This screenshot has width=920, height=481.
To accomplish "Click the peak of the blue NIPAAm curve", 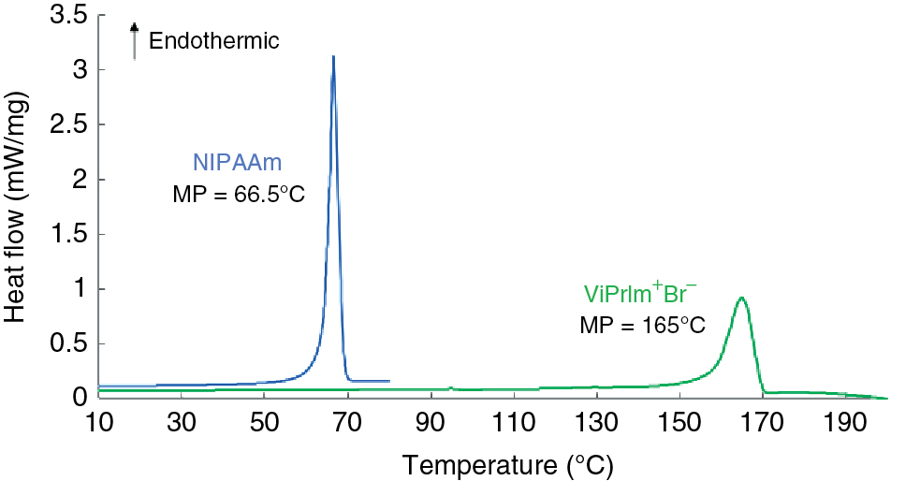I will coord(333,57).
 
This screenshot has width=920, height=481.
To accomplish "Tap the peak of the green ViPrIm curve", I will coord(741,299).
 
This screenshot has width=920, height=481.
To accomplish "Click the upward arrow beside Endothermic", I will coord(135,41).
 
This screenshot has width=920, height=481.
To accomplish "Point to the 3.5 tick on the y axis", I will coord(66,16).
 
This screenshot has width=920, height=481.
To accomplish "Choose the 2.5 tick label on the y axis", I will coord(66,125).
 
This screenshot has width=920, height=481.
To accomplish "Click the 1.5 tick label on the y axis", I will coord(66,235).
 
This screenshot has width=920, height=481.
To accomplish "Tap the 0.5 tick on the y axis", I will coord(66,344).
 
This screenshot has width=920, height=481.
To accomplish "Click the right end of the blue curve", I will coord(388,381).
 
